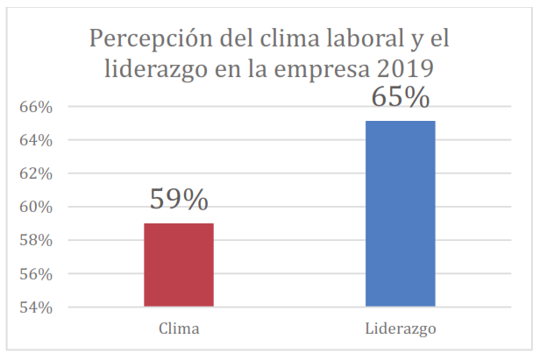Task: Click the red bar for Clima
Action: tap(179, 265)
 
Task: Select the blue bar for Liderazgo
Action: tap(400, 214)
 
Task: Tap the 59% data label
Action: tap(179, 199)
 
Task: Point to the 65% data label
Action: tap(400, 95)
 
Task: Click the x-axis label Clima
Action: tap(179, 329)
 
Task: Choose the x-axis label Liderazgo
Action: tap(400, 329)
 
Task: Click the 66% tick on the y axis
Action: tap(37, 107)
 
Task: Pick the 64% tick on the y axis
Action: tap(37, 140)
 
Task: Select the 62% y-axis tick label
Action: tap(37, 173)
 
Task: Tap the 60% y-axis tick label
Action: tap(37, 208)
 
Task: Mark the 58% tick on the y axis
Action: tap(37, 241)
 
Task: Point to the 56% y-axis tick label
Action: tap(37, 274)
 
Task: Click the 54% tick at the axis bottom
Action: tap(37, 307)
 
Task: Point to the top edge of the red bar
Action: tap(179, 224)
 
